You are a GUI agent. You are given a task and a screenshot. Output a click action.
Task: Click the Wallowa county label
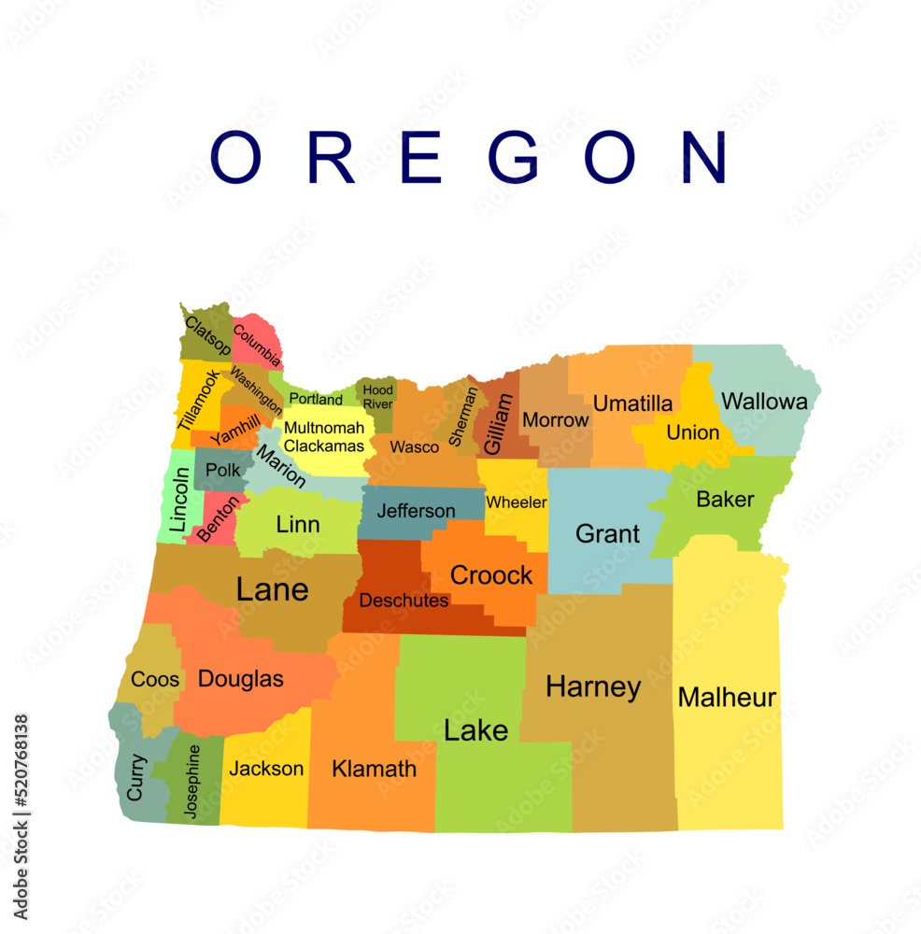point(764,403)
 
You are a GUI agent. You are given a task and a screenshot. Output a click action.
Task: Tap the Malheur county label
point(727,698)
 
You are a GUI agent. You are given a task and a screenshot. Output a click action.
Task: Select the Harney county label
point(593,687)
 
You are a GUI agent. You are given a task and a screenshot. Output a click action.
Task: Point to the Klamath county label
point(374,769)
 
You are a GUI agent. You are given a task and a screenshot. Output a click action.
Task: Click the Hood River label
point(377,396)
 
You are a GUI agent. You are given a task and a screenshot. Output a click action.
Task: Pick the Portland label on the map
point(315,400)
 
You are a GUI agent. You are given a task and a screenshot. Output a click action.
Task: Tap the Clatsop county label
point(207,335)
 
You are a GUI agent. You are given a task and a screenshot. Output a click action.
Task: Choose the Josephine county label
point(192,782)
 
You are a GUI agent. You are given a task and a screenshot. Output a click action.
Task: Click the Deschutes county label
point(404,601)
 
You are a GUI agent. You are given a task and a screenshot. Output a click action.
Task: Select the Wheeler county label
point(516,502)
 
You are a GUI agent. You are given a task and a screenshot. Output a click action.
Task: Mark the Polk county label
point(223,470)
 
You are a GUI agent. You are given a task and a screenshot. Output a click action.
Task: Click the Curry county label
point(136,777)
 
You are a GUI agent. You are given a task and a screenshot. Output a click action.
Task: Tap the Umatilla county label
point(632,403)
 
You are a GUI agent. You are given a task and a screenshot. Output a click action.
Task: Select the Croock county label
point(491,575)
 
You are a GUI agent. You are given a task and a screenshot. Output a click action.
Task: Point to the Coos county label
point(155,679)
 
